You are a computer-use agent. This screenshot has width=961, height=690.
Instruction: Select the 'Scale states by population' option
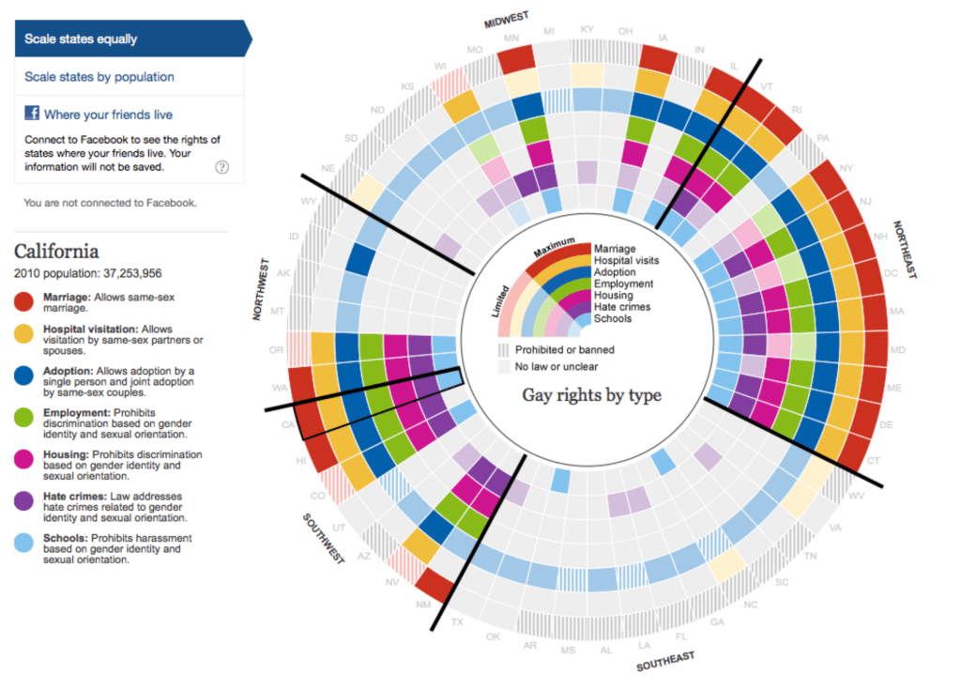coord(99,77)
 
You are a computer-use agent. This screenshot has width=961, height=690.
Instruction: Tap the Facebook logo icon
coord(31,114)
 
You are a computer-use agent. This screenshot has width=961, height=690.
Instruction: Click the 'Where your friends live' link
coord(108,115)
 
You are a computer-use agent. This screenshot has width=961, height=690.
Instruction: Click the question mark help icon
coord(222,167)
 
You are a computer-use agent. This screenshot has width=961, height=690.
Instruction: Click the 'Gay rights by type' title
coord(591,395)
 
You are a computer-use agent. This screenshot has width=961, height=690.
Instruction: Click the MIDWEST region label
coord(506,20)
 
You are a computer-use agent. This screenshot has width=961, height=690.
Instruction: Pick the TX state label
coord(458,622)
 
